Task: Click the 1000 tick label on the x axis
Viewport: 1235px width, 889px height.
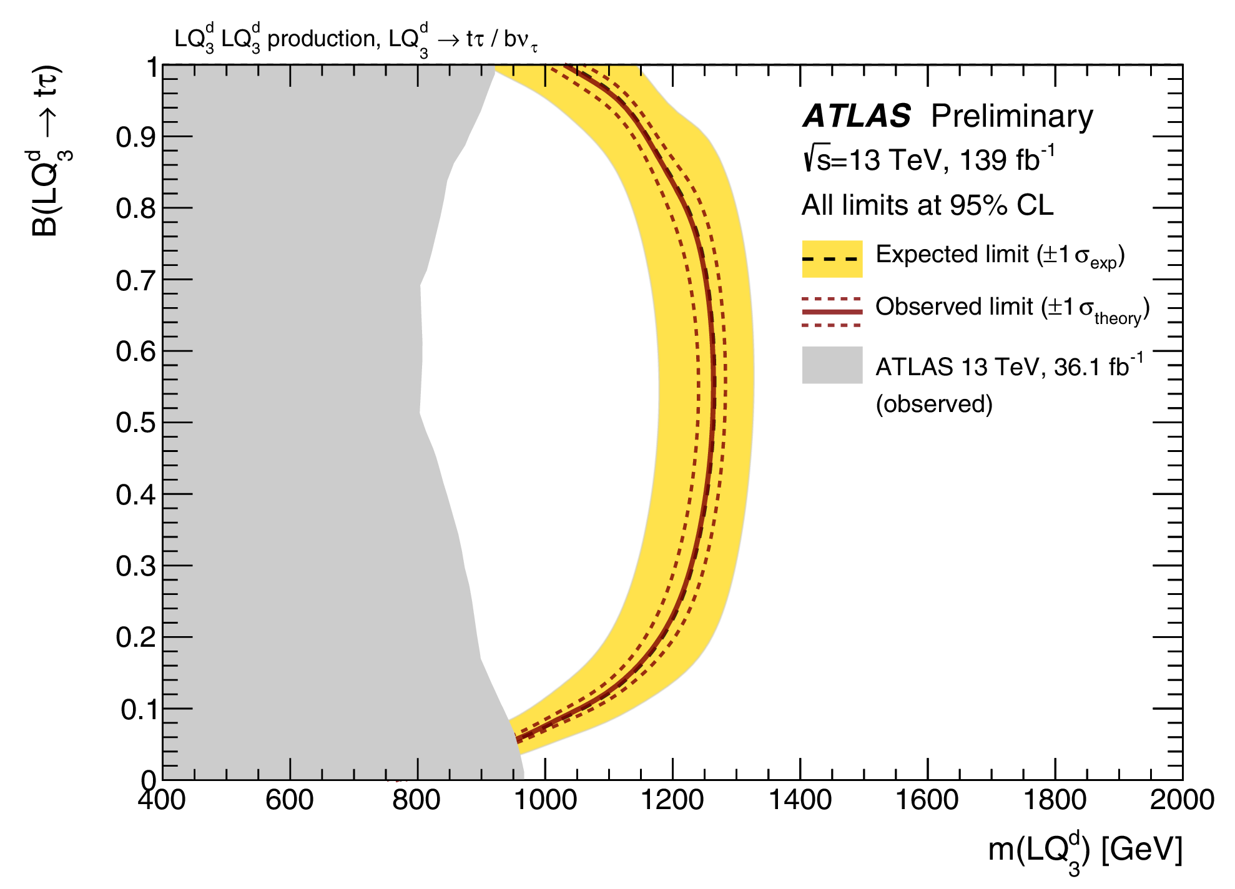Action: pos(545,800)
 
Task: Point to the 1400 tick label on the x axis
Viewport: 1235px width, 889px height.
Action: pos(800,800)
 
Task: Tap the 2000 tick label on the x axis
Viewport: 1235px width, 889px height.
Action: pos(1182,800)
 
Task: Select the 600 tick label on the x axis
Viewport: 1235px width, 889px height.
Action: pos(290,800)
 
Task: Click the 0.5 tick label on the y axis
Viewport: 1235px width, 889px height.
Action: pos(135,423)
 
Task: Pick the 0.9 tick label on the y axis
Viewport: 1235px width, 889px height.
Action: pos(135,137)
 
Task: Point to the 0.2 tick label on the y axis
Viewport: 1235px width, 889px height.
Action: pos(135,637)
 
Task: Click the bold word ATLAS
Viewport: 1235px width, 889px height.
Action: pos(857,116)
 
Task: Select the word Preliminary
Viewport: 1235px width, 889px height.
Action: pos(1012,116)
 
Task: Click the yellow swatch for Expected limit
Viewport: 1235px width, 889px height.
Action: pos(832,258)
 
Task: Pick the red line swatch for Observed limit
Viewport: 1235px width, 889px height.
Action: pos(832,312)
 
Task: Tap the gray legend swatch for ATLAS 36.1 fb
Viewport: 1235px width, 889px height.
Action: pos(832,365)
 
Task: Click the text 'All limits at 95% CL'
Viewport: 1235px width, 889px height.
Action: pos(927,205)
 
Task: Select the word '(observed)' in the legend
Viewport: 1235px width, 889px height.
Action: pos(934,404)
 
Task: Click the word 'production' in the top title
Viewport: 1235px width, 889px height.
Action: pos(322,39)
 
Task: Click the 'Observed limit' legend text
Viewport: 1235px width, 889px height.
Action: pos(957,307)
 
